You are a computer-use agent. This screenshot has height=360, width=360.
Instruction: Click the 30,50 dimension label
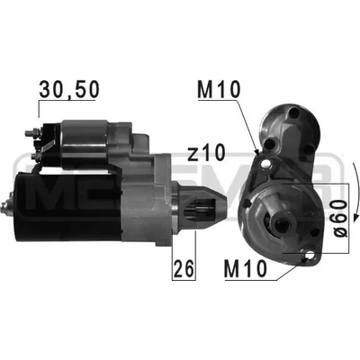click(x=69, y=89)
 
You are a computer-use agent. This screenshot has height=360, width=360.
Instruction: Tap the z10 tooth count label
click(x=206, y=152)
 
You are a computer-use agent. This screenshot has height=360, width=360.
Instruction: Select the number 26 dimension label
click(x=184, y=268)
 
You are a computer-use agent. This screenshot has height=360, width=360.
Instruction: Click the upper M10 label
click(x=219, y=90)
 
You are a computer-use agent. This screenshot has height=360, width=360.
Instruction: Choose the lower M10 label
click(x=246, y=269)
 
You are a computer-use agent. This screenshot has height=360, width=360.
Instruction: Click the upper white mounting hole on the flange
click(x=265, y=164)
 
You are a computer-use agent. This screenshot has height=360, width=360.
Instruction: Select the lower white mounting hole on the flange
click(x=310, y=256)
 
